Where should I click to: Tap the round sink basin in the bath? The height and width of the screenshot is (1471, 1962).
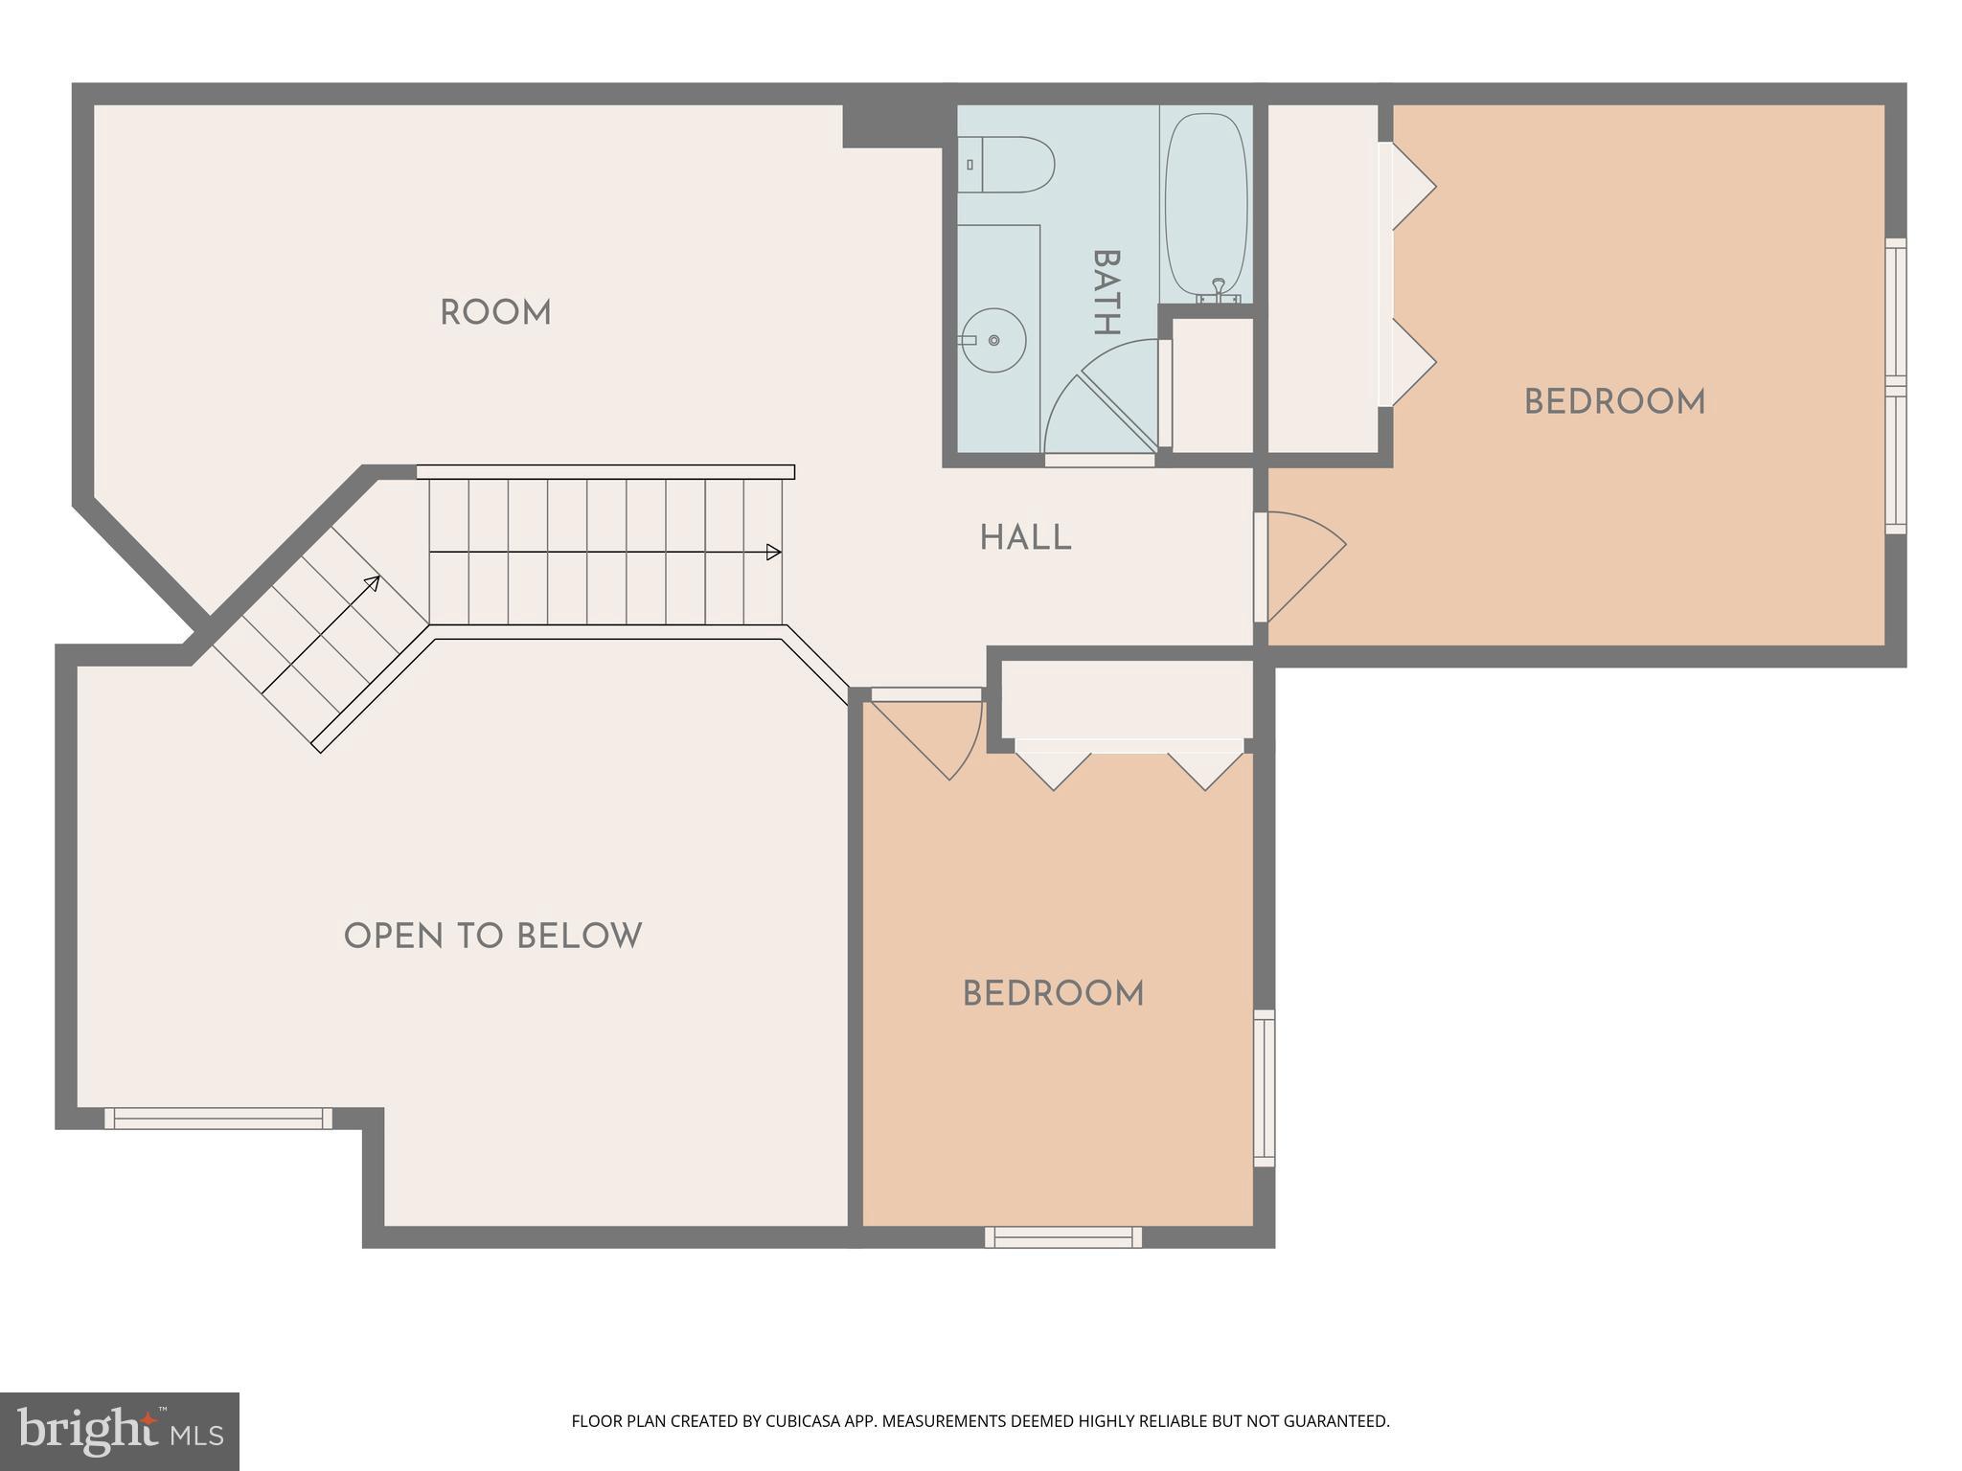[993, 340]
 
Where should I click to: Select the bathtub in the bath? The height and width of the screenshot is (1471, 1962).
[1206, 206]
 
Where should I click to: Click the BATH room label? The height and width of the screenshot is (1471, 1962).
[1106, 292]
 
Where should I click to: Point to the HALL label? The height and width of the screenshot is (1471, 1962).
[1025, 539]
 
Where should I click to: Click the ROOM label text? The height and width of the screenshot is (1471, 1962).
[495, 313]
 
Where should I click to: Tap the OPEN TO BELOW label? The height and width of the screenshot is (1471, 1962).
[492, 937]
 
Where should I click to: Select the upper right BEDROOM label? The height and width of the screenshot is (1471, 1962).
[1614, 402]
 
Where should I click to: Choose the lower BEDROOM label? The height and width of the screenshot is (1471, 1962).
[1053, 995]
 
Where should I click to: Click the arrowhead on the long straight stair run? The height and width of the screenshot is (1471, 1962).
[773, 553]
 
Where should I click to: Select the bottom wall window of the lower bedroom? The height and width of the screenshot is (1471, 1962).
[1063, 1237]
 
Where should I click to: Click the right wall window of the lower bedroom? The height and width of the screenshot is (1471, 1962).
[1265, 1088]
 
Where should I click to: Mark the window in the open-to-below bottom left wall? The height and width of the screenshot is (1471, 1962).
[218, 1118]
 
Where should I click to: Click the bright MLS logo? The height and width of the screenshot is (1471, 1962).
[119, 1432]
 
